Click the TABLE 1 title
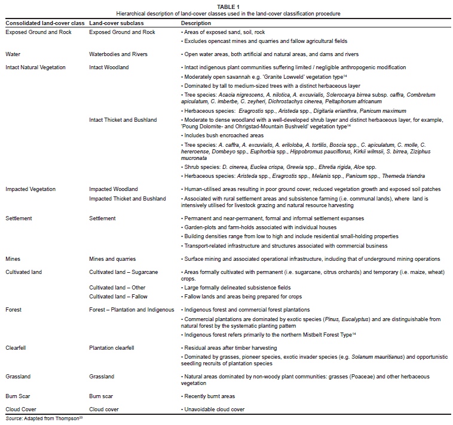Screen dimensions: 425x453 pos(226,7)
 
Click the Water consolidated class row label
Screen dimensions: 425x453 pos(13,54)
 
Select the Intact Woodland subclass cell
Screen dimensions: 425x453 pos(109,67)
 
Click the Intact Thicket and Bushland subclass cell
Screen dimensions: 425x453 pos(123,120)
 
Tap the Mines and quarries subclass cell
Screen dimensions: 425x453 pos(112,258)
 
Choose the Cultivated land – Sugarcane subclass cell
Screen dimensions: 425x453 pos(123,272)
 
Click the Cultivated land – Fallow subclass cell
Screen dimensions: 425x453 pos(118,296)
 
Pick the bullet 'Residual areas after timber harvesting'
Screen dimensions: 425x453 pos(231,347)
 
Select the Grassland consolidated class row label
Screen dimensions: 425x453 pos(19,377)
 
